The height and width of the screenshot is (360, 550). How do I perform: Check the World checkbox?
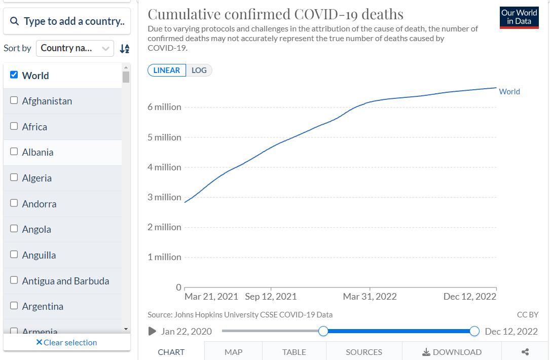click(x=14, y=75)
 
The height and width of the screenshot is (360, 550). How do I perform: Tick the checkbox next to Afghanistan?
click(x=14, y=100)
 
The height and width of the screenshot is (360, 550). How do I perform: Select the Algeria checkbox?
click(x=14, y=177)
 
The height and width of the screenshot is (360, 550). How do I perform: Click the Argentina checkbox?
click(x=14, y=306)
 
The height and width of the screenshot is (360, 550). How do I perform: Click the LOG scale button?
click(x=199, y=70)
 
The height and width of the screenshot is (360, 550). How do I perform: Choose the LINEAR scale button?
click(x=167, y=70)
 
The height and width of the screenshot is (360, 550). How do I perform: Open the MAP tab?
click(x=233, y=352)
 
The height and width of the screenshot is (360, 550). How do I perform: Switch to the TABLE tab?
click(x=294, y=352)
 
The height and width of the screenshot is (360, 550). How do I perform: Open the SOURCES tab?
click(x=364, y=352)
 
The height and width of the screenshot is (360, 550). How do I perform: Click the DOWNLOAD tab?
click(x=452, y=352)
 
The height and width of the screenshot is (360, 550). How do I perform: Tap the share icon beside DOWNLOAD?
click(x=525, y=352)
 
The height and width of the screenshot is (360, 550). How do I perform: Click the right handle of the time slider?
click(x=474, y=331)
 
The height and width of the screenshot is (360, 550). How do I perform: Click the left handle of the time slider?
click(x=323, y=331)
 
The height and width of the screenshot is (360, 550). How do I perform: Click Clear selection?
click(x=66, y=343)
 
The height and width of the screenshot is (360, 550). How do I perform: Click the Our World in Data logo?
click(x=519, y=17)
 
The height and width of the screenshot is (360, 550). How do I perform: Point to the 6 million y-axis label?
click(x=164, y=107)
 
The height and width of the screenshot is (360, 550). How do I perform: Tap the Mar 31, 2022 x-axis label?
click(x=370, y=297)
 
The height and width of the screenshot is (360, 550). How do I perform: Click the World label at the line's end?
click(x=509, y=92)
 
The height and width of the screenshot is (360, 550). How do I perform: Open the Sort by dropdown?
click(x=75, y=48)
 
